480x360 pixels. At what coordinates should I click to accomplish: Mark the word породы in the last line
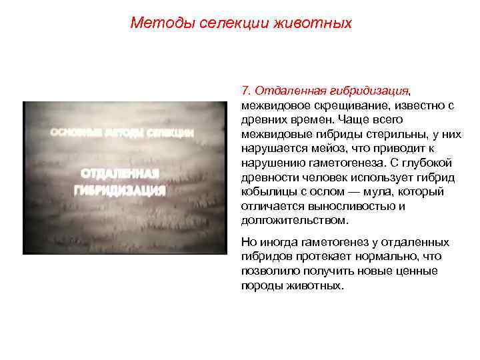tap(261, 285)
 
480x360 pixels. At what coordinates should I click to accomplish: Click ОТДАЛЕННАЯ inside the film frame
tap(119, 175)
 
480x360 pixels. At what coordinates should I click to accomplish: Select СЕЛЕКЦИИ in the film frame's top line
tap(169, 133)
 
